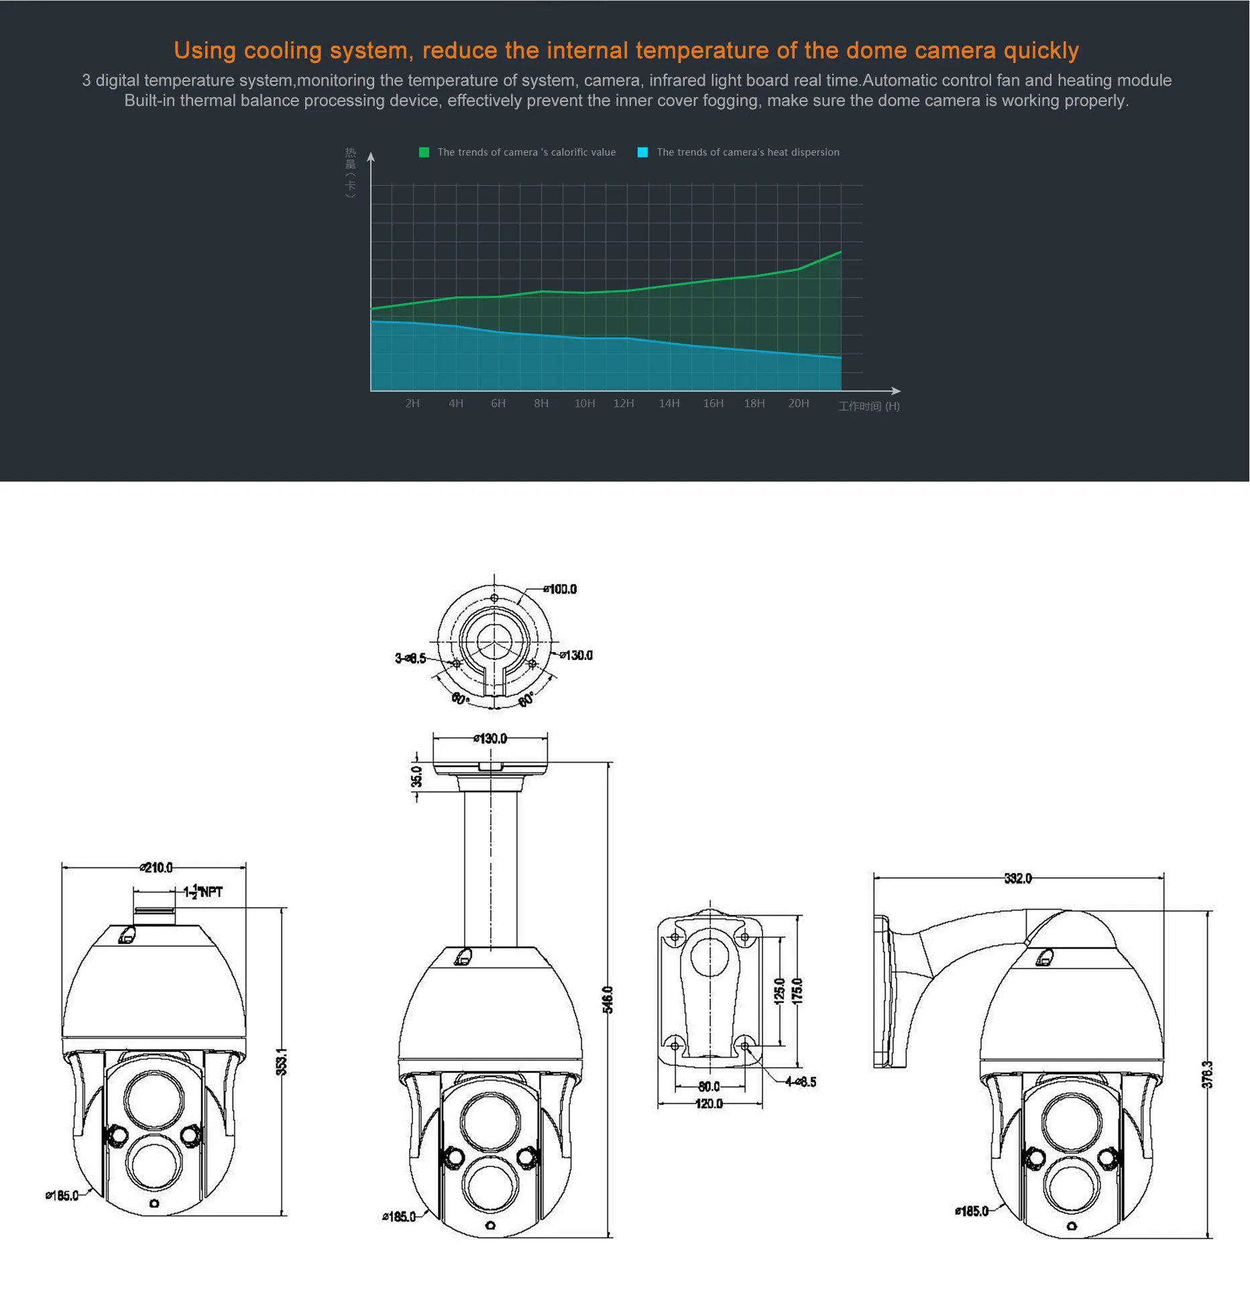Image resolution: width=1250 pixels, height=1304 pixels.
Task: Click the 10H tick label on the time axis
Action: pyautogui.click(x=584, y=403)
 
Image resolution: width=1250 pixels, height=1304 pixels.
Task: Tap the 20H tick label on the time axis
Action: pyautogui.click(x=798, y=403)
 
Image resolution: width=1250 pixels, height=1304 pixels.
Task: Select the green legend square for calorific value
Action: pyautogui.click(x=424, y=152)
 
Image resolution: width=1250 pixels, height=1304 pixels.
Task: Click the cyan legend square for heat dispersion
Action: pyautogui.click(x=642, y=152)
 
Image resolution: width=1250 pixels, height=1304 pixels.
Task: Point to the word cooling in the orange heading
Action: pyautogui.click(x=282, y=50)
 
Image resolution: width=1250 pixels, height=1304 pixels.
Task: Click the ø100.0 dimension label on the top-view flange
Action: pyautogui.click(x=560, y=589)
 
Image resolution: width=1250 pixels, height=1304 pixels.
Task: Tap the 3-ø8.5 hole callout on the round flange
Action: pyautogui.click(x=410, y=658)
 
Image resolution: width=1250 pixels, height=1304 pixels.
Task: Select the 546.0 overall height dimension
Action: pyautogui.click(x=608, y=999)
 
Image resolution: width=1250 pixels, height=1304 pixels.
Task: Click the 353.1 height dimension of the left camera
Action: pyautogui.click(x=282, y=1062)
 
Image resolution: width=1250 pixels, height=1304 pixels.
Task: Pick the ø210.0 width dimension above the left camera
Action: pyautogui.click(x=156, y=867)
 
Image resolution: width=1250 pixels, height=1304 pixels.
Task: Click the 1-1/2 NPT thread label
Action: pyautogui.click(x=203, y=891)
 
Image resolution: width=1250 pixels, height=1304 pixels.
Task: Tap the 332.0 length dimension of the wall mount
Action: pyautogui.click(x=1018, y=878)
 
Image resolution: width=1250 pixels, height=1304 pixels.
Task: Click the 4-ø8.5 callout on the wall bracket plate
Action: pyautogui.click(x=801, y=1081)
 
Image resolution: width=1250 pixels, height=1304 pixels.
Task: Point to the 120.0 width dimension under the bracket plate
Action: pyautogui.click(x=709, y=1103)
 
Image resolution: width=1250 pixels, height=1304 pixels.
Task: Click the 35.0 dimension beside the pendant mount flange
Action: pyautogui.click(x=416, y=776)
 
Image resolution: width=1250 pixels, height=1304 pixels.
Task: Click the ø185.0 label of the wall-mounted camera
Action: pyautogui.click(x=972, y=1211)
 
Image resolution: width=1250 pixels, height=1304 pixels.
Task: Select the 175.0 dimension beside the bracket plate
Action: pyautogui.click(x=797, y=991)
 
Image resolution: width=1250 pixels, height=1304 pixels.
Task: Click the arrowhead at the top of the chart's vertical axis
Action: pyautogui.click(x=371, y=157)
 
